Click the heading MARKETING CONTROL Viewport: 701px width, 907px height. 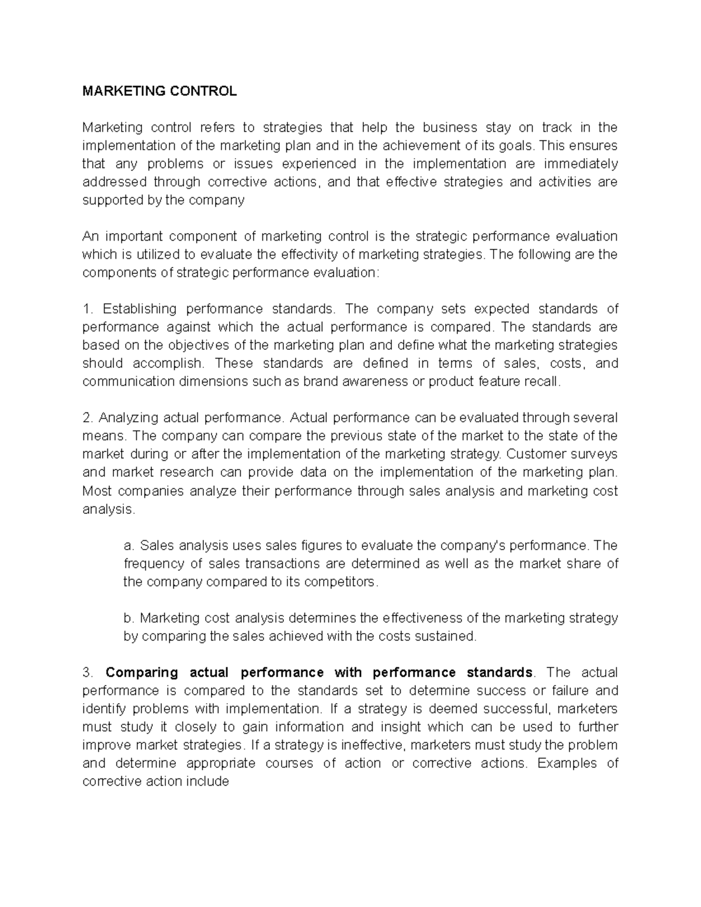click(159, 91)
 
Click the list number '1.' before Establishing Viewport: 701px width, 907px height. click(88, 308)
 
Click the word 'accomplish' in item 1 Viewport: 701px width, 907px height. click(168, 363)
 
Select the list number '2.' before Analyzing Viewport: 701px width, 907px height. click(88, 418)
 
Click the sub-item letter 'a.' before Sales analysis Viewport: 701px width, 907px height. click(129, 545)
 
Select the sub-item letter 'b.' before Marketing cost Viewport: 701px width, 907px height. click(129, 618)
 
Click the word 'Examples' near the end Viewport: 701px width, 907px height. click(567, 763)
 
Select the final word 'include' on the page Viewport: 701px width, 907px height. click(207, 781)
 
